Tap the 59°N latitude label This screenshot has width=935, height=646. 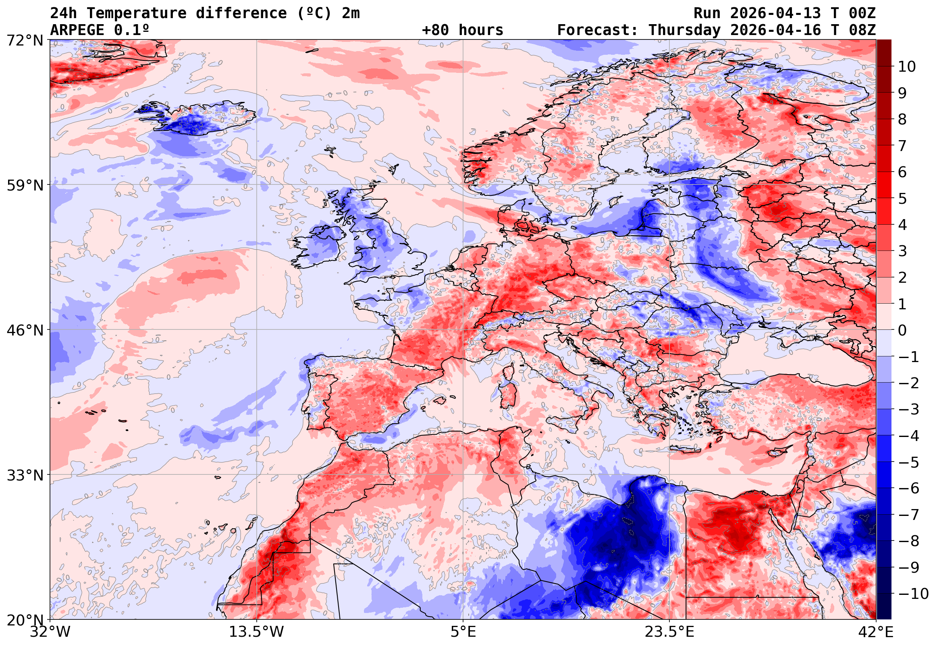coord(25,185)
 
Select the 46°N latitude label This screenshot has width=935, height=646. coord(25,330)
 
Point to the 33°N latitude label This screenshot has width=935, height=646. coord(25,475)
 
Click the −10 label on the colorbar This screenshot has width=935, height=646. coord(914,594)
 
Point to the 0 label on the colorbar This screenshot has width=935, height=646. coord(903,330)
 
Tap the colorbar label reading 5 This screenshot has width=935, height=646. coord(903,199)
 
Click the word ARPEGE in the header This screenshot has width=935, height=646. coord(77,30)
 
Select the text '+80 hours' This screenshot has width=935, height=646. coord(462,30)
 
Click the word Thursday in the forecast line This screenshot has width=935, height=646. coord(684,30)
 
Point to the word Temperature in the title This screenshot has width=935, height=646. coord(137,13)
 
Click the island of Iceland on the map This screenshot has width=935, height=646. coord(198,118)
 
